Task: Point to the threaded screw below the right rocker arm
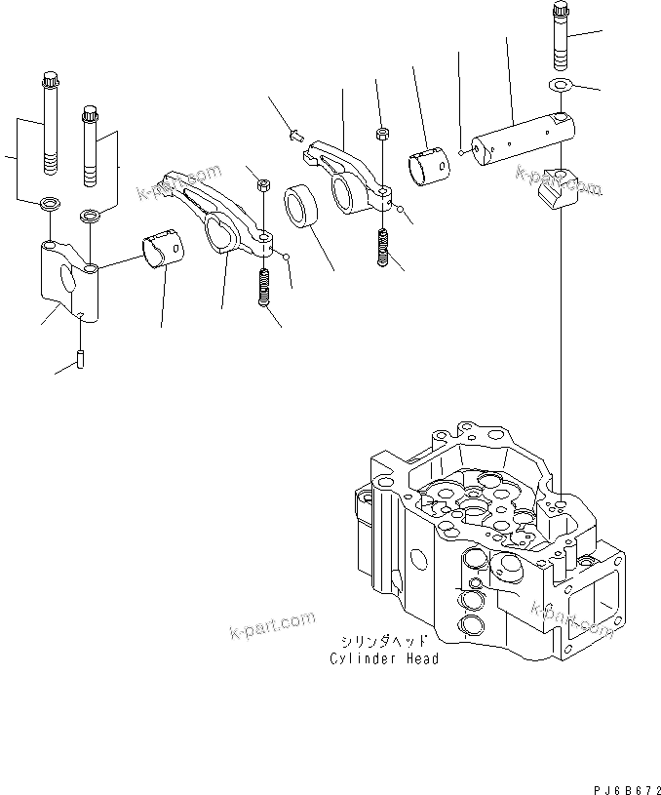[x=385, y=247]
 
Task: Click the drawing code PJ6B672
[x=624, y=782]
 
